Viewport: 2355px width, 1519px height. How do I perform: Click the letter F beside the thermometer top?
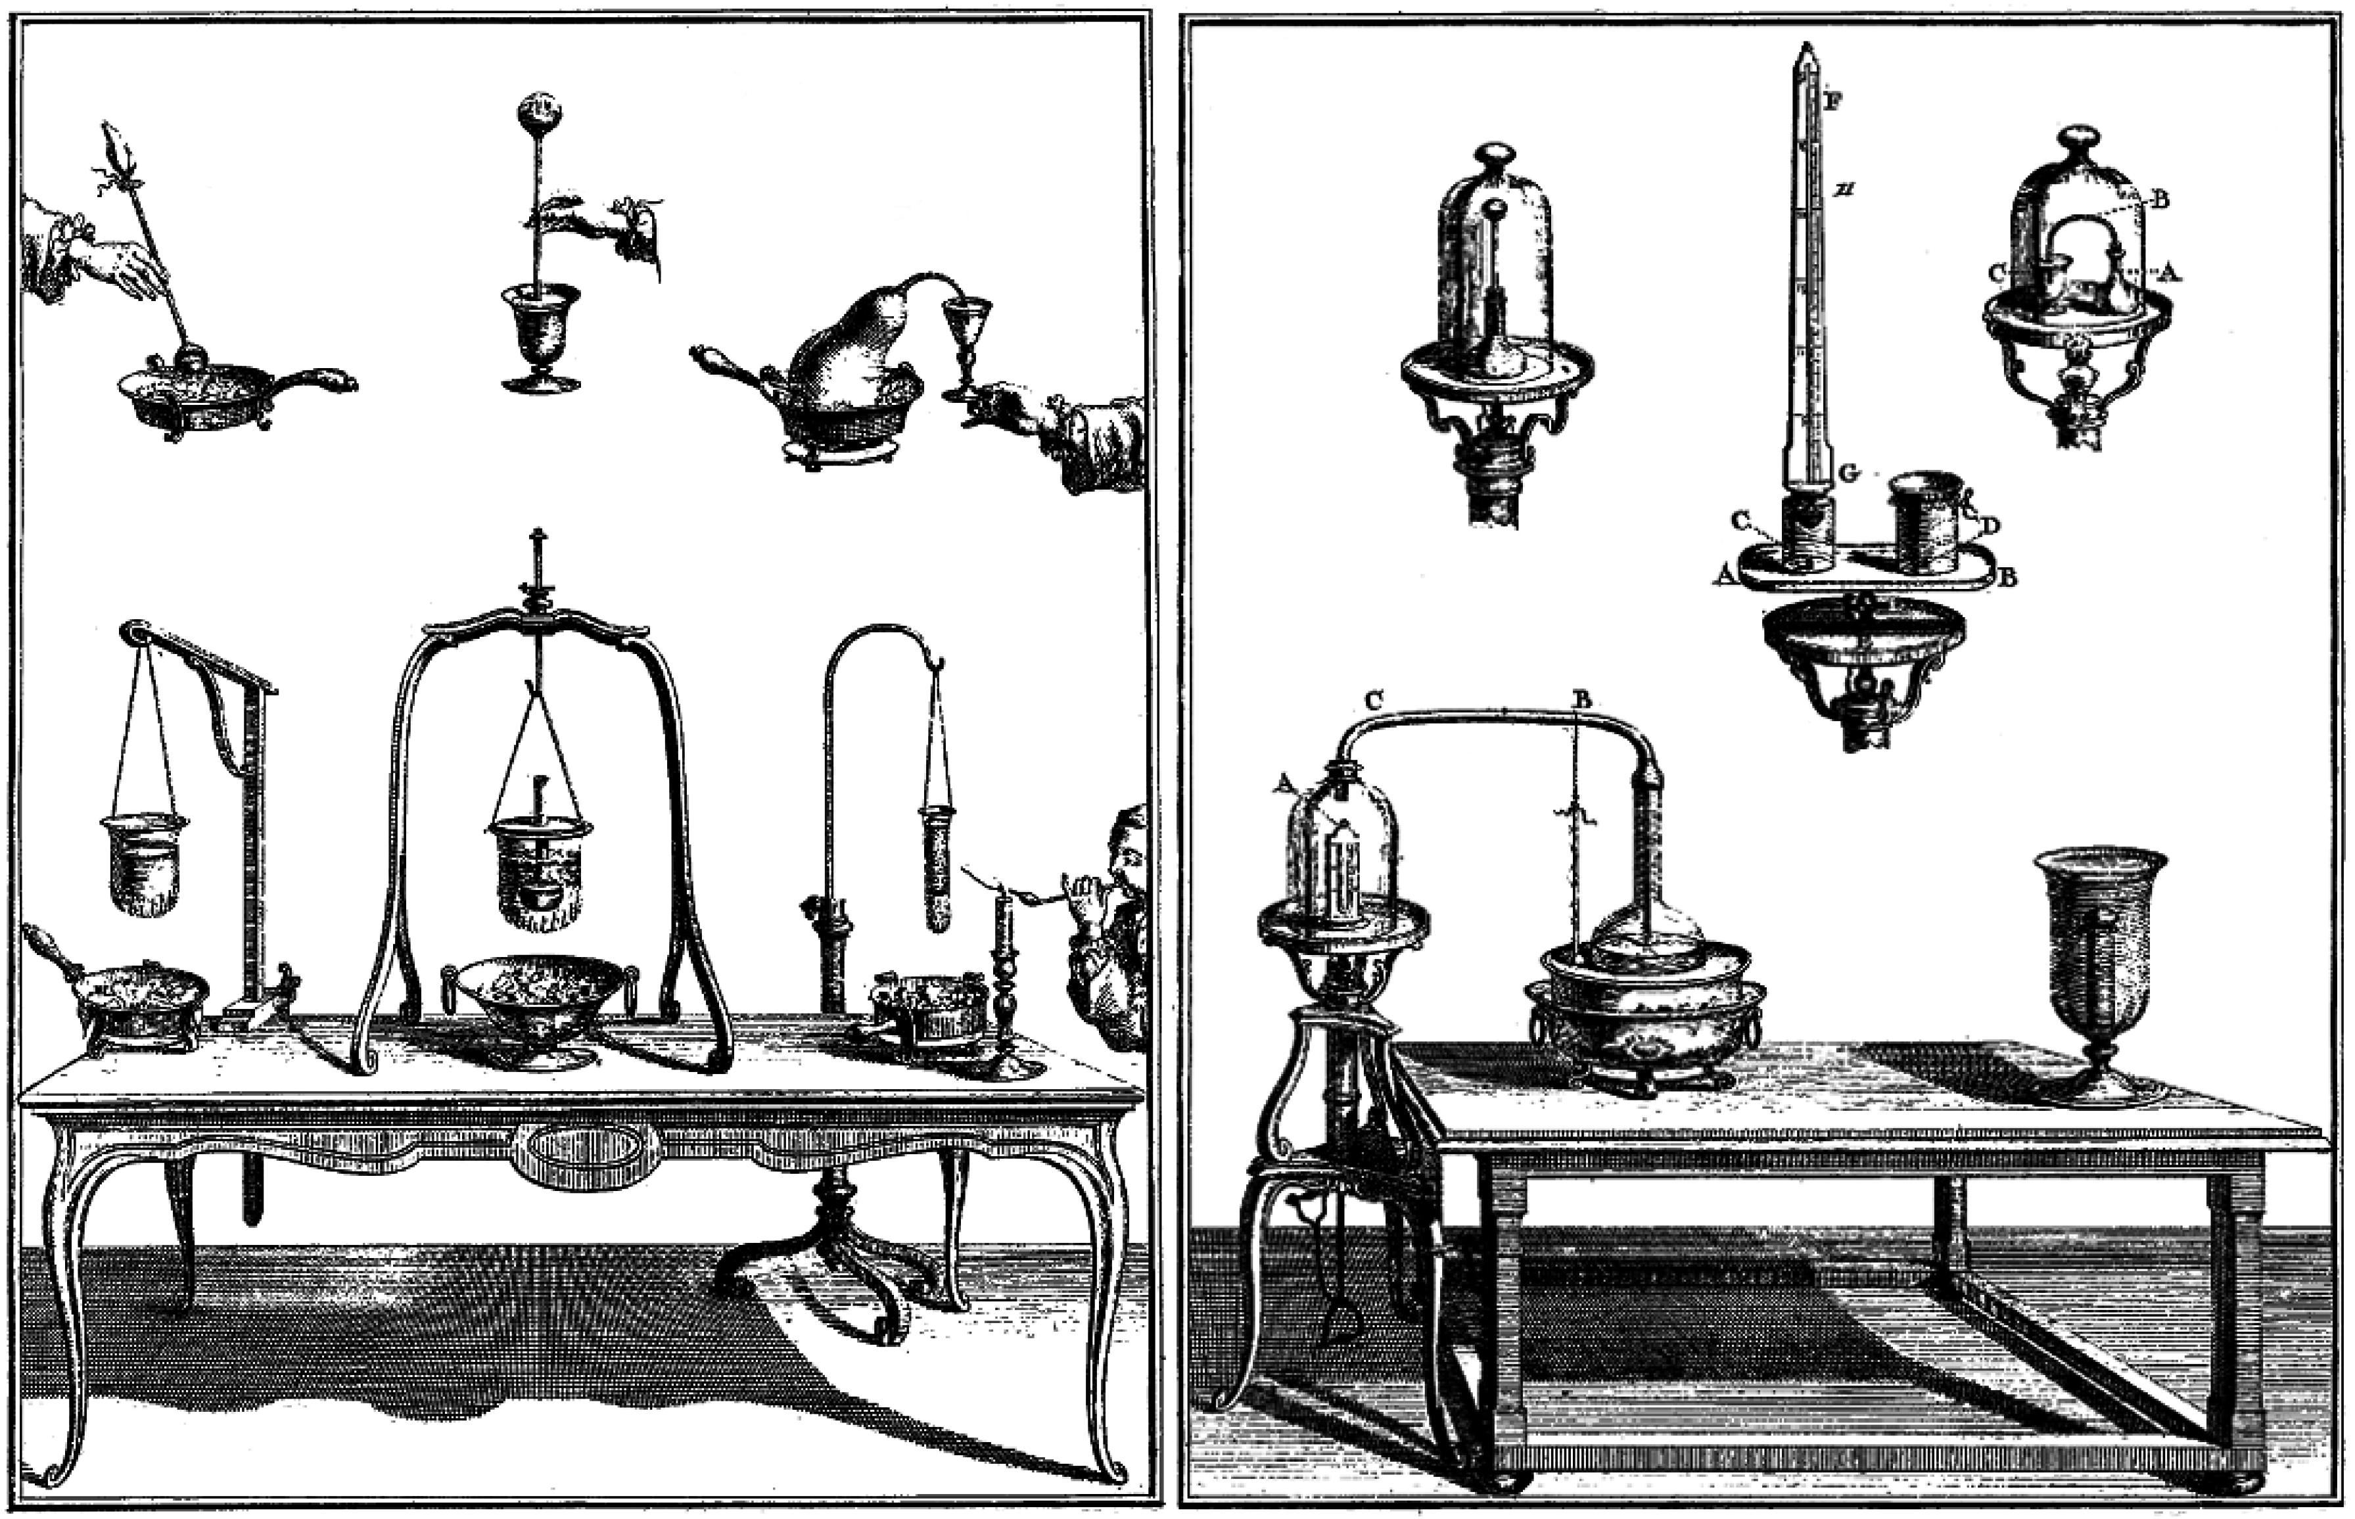(x=1833, y=100)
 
